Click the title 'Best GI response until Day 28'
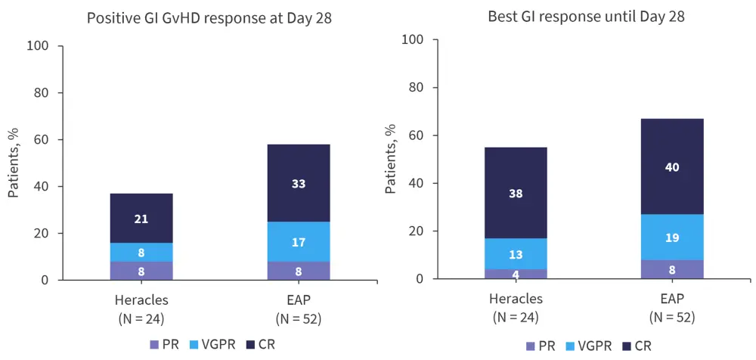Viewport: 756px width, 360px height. pyautogui.click(x=587, y=16)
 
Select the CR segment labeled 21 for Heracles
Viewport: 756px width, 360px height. pyautogui.click(x=141, y=219)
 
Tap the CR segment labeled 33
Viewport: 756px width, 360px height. pyautogui.click(x=299, y=183)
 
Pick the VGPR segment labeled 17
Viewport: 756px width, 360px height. pyautogui.click(x=299, y=242)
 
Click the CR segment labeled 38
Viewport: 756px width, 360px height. pyautogui.click(x=516, y=193)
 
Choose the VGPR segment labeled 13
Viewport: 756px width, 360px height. pyautogui.click(x=516, y=254)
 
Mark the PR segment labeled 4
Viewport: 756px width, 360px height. pyautogui.click(x=516, y=274)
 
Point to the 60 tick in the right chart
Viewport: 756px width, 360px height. pyautogui.click(x=415, y=136)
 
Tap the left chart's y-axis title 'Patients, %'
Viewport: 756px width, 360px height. pyautogui.click(x=14, y=163)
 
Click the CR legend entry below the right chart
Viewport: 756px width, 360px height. pyautogui.click(x=636, y=346)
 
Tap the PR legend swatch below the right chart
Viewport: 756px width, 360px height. pyautogui.click(x=531, y=346)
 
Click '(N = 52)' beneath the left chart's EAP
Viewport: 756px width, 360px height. pyautogui.click(x=299, y=318)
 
